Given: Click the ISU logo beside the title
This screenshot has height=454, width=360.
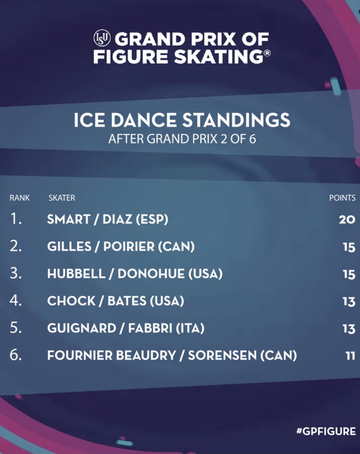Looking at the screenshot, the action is tap(102, 38).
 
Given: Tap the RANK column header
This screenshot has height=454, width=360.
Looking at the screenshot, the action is tap(20, 197).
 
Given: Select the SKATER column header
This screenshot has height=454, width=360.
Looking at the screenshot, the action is tap(62, 197).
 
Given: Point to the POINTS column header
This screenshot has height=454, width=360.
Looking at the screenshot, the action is tap(342, 197).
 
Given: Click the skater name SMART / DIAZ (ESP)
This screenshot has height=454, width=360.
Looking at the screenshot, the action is tap(108, 219).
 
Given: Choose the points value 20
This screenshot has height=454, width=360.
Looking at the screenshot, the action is tap(347, 220).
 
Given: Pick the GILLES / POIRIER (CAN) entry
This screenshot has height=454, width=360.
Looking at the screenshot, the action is tap(121, 246).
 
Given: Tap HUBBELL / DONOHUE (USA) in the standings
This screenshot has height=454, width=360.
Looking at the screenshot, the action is tap(135, 274).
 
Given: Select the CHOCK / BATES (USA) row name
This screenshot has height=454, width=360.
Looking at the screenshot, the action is tap(116, 301).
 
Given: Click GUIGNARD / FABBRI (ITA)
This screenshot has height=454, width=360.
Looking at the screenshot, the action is tap(126, 328).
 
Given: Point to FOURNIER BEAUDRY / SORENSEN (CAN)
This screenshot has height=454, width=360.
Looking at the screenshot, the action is tap(172, 355).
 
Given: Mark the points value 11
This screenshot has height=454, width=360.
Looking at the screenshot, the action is tap(350, 356).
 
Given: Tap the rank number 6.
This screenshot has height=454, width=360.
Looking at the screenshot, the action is tap(16, 355).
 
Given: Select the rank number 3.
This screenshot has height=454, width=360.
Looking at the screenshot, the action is tap(16, 274).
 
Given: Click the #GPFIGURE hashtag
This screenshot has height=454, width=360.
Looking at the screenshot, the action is tap(326, 431).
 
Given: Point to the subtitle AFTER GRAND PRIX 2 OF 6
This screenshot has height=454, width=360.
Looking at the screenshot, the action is tap(182, 139).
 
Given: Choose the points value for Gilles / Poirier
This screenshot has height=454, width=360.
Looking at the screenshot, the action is tap(349, 247).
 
